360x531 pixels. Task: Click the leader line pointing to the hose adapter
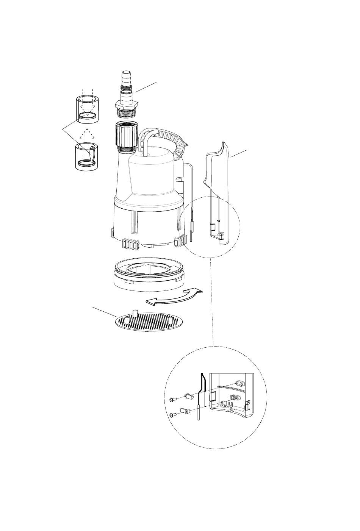146,86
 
